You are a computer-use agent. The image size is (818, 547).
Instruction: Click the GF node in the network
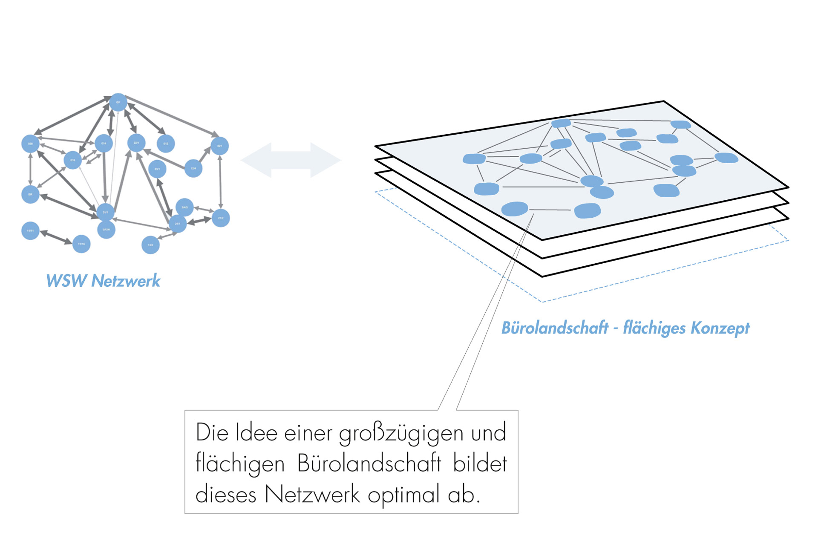[118, 102]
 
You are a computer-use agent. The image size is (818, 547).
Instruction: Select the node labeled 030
[30, 144]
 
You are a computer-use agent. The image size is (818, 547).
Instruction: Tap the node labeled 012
[166, 144]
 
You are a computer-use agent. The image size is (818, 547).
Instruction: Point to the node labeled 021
[220, 146]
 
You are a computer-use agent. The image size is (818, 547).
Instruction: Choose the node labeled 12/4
[193, 168]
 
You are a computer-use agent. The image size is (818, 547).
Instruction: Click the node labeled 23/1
[157, 169]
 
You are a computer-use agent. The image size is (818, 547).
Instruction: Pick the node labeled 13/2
[150, 245]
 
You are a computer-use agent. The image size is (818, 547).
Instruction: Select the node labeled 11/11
[30, 231]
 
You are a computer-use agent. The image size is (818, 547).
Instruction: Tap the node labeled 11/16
[81, 244]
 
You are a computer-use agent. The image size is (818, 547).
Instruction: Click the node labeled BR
[30, 194]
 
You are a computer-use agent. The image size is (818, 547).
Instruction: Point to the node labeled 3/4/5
[184, 207]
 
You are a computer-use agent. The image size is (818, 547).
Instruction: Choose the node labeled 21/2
[221, 218]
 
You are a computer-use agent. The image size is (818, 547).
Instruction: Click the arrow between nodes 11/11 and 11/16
[56, 237]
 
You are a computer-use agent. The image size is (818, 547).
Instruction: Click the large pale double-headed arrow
[291, 160]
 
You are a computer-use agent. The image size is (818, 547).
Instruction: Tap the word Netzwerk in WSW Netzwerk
[126, 281]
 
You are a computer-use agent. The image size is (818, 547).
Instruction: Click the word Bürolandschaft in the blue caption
[555, 328]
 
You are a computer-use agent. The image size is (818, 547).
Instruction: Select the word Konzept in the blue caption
[720, 328]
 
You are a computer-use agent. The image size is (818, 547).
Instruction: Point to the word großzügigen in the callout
[401, 433]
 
